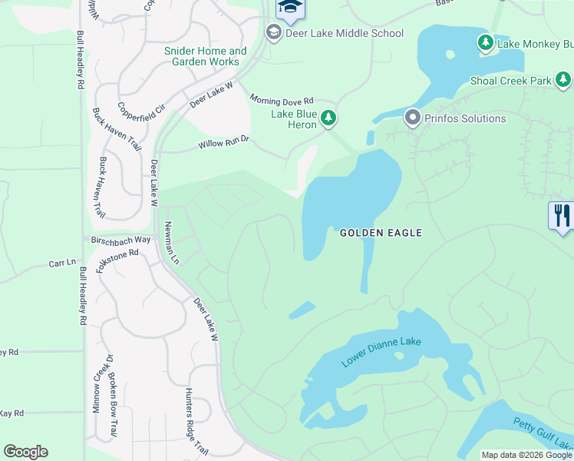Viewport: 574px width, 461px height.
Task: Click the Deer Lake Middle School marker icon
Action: coord(273,33)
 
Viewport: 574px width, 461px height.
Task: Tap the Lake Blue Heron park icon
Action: coord(328,118)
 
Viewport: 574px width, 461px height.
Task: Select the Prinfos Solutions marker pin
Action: coord(412,118)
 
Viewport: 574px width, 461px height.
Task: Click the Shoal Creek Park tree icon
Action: coord(563,80)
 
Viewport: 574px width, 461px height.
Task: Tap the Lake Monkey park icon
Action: coord(486,44)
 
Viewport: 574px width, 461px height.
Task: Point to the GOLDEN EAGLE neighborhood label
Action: coord(381,232)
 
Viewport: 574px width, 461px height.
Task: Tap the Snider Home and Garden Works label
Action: coord(205,57)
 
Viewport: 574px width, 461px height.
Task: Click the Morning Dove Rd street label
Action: coord(282,100)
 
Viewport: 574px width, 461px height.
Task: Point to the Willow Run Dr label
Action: coord(224,143)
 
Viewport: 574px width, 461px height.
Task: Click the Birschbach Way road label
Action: coord(121,240)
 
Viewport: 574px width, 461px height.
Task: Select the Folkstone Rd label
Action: coord(117,259)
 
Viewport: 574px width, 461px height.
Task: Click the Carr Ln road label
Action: coord(62,263)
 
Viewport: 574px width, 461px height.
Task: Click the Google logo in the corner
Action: coord(25,452)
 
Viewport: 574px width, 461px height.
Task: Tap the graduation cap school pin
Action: coord(290,8)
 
